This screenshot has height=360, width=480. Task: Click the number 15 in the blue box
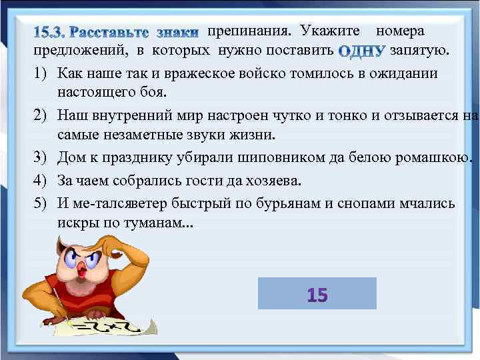317,294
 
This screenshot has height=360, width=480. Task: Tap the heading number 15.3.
50,32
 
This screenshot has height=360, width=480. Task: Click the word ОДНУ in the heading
363,50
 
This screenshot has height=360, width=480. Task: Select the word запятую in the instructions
420,49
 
